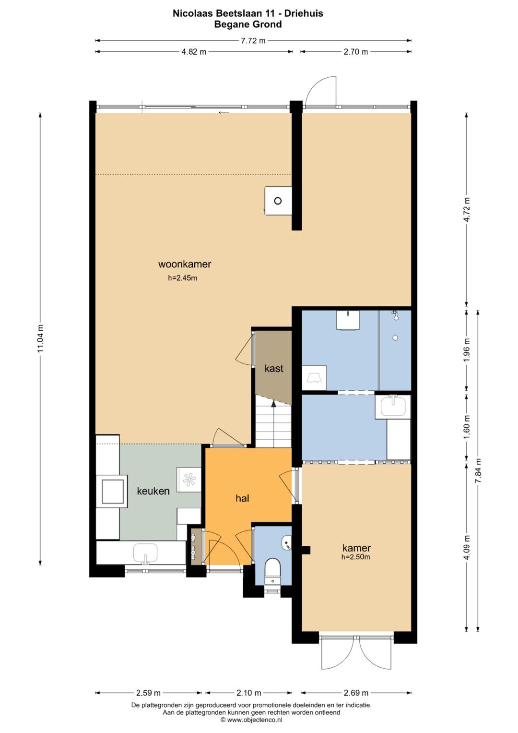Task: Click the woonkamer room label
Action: (x=185, y=264)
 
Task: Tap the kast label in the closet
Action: (x=274, y=369)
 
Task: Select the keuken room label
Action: (x=153, y=491)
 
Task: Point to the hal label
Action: (x=242, y=498)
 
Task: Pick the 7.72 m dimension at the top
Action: (x=253, y=41)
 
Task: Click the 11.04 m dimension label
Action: (x=40, y=338)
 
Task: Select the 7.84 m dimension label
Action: (x=479, y=470)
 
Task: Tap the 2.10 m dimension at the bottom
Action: (x=249, y=693)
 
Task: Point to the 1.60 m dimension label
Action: (x=467, y=428)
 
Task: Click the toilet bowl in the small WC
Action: (x=272, y=567)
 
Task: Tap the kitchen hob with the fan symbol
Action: (x=189, y=480)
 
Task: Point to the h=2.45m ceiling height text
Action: (x=182, y=278)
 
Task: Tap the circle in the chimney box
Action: (x=278, y=201)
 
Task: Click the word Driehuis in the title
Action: (x=304, y=13)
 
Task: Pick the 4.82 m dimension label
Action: (x=194, y=52)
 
